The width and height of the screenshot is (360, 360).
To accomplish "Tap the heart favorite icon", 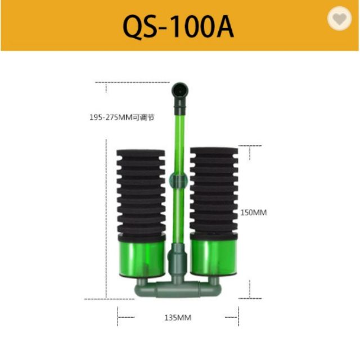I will pos(339,20).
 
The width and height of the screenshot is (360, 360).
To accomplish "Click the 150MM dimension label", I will pos(253,213).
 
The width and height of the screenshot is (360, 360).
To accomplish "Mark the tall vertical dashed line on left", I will pos(106,219).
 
